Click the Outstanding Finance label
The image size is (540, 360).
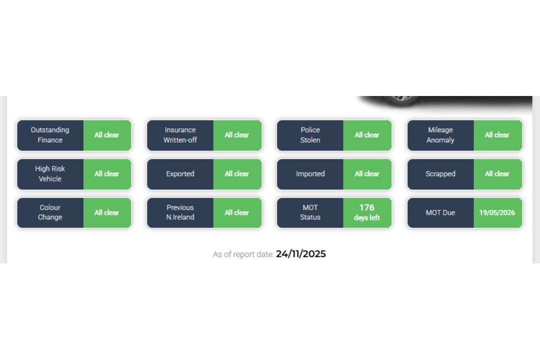50,135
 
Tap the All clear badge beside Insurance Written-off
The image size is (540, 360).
237,135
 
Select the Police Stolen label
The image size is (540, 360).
310,135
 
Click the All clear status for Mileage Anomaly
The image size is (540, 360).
497,135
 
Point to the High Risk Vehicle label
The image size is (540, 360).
50,173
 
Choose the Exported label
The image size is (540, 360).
180,173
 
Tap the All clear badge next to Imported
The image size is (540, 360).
367,173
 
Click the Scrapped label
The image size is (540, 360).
440,173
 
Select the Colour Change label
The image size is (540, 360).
50,212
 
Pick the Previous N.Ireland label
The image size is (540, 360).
180,212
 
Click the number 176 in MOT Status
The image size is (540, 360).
367,207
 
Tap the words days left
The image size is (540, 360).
367,217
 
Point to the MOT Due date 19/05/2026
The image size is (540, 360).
497,212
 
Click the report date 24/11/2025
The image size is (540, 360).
300,254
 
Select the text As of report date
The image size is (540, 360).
243,254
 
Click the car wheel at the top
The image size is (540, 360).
401,99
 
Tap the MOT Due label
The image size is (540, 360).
440,212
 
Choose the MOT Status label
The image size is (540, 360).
310,212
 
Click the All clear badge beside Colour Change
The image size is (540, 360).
107,212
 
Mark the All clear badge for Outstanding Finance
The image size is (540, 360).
107,135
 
